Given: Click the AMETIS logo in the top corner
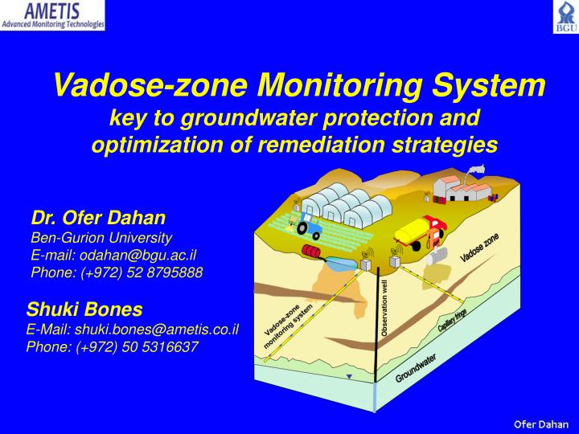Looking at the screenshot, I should (53, 15).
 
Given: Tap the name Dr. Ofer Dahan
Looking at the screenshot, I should (98, 218).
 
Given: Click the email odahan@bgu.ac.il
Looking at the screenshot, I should (113, 255).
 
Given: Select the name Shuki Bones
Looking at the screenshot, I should (84, 309).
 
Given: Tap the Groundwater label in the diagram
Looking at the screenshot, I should (416, 368).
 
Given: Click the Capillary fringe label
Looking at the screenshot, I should (453, 322).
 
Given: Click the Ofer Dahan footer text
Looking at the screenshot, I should (541, 424).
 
